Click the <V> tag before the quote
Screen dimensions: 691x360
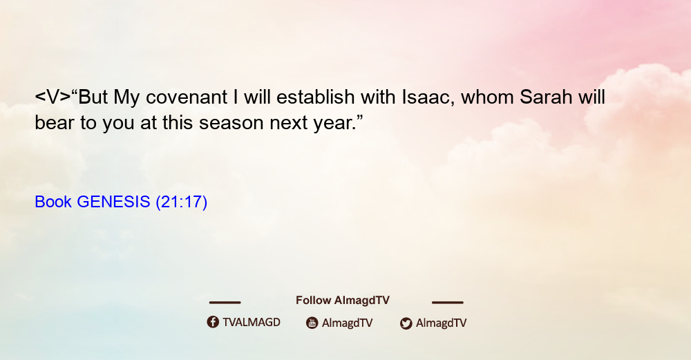53,97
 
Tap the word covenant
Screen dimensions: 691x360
187,97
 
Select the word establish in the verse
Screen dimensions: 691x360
316,97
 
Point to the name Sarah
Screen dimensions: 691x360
546,97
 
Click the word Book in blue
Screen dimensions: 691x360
53,202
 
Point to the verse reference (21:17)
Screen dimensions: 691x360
182,202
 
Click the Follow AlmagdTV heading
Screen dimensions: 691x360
343,301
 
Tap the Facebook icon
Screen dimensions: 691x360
213,322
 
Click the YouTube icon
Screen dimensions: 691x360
312,323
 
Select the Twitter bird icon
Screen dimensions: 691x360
406,323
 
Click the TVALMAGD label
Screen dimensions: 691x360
252,323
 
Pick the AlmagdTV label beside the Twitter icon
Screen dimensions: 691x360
441,323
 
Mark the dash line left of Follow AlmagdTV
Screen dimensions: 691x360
225,303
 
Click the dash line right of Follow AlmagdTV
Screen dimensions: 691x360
448,303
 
